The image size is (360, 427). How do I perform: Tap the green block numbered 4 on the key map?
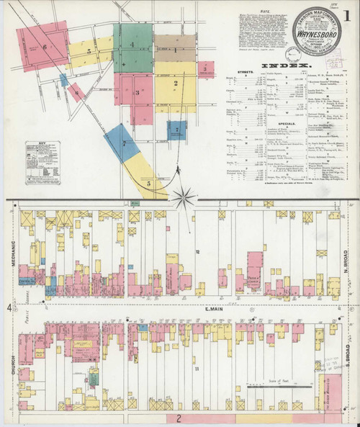click(x=133, y=45)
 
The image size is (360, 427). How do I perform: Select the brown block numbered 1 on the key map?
click(x=175, y=51)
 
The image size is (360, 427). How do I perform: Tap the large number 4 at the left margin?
click(x=9, y=308)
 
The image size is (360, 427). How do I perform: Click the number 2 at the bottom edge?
click(x=176, y=417)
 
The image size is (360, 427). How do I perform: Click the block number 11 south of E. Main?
click(x=195, y=369)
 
